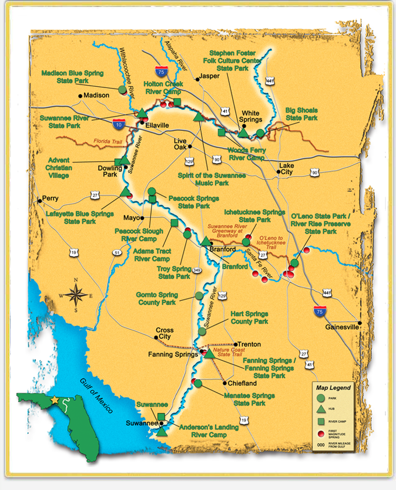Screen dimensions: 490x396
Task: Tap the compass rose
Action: click(76, 294)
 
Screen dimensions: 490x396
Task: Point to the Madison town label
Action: click(97, 95)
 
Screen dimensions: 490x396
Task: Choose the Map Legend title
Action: click(333, 388)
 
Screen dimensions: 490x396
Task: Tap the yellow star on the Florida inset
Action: click(55, 399)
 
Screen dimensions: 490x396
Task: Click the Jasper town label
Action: click(209, 76)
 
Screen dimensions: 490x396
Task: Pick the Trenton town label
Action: click(247, 344)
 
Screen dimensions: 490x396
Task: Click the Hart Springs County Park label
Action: click(249, 317)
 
